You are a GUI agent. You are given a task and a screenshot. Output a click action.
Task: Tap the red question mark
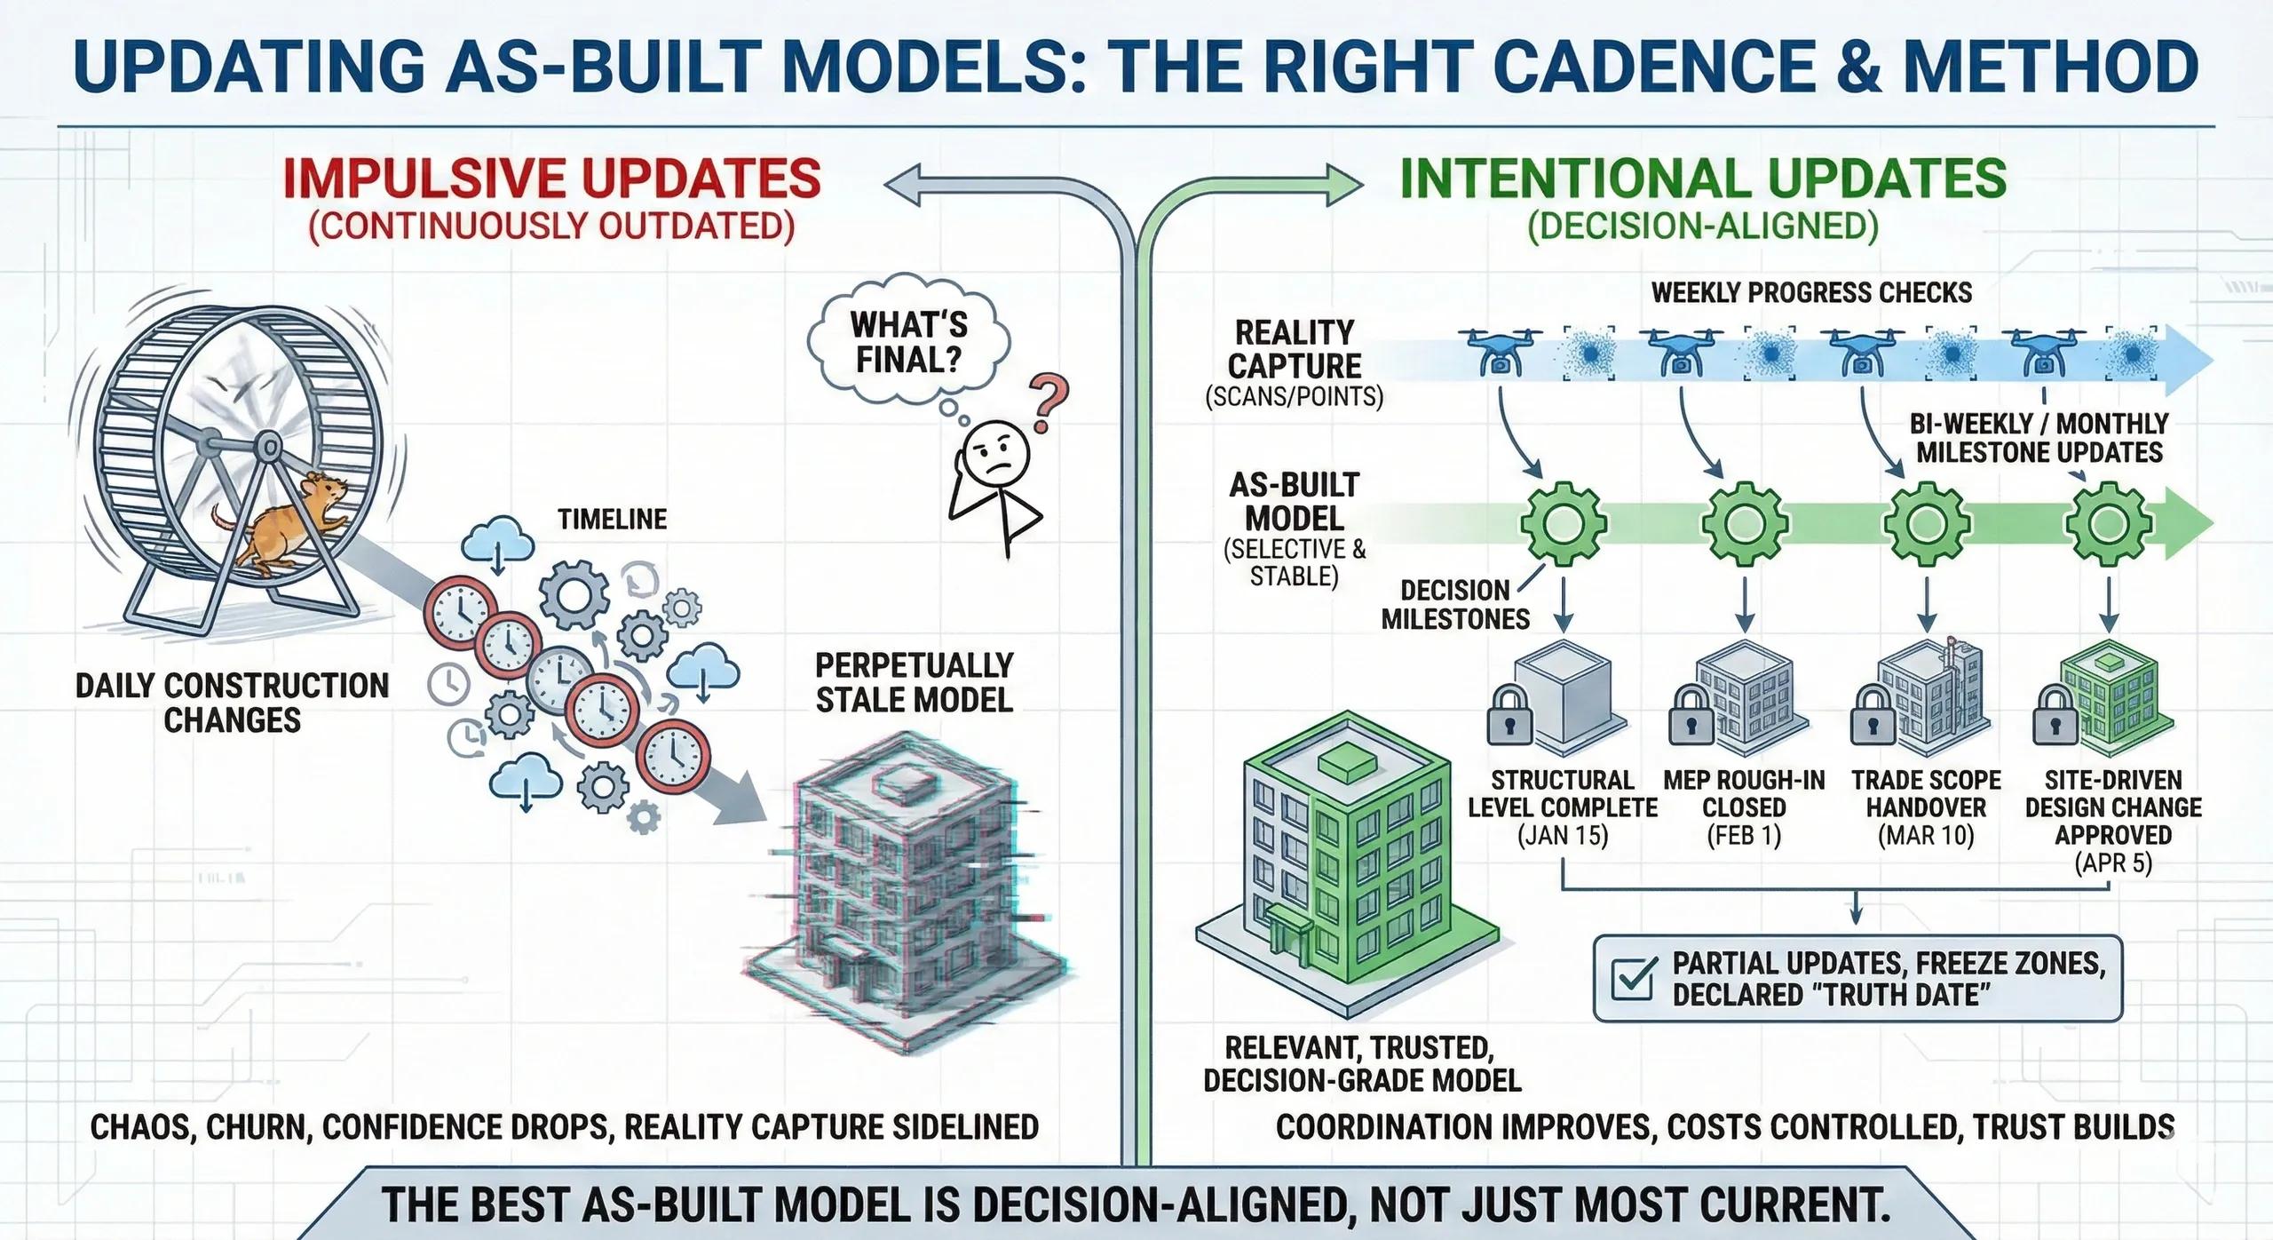(x=1048, y=404)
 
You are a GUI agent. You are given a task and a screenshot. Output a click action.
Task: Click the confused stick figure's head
(x=996, y=450)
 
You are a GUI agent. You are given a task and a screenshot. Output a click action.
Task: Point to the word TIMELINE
(x=612, y=519)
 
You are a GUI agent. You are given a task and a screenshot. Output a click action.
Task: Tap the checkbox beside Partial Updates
(x=1635, y=979)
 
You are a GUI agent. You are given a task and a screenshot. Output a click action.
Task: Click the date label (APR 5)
(x=2113, y=863)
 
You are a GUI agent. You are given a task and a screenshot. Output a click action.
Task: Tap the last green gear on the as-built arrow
(x=2107, y=525)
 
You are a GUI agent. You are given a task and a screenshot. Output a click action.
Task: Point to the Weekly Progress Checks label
(x=1811, y=292)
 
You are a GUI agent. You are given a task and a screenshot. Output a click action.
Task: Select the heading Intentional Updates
(x=1703, y=179)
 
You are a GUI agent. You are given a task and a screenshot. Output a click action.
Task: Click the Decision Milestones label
(x=1455, y=604)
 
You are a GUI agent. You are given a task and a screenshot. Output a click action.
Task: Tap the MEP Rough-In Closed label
(x=1744, y=793)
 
